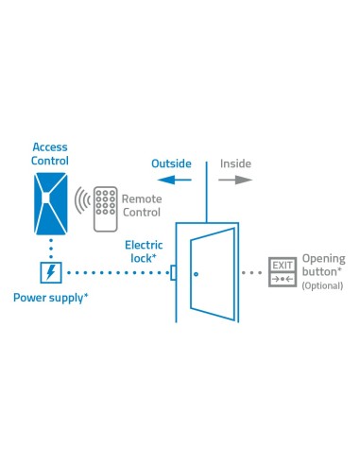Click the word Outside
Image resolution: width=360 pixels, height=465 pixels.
pos(171,164)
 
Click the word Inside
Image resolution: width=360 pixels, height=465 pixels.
pos(236,164)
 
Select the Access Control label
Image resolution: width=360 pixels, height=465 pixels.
pos(50,153)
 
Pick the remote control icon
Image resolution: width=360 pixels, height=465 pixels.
pos(107,207)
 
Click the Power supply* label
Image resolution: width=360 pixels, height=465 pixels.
pos(51,298)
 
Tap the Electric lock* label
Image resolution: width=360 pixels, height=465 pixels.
pos(143,251)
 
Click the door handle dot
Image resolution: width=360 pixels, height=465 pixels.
pos(195,274)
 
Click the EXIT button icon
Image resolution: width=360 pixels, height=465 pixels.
pos(283,271)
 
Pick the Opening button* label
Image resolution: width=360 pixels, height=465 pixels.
pos(323,265)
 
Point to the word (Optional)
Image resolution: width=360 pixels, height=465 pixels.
pos(323,285)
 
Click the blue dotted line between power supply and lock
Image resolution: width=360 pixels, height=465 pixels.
pos(114,273)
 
